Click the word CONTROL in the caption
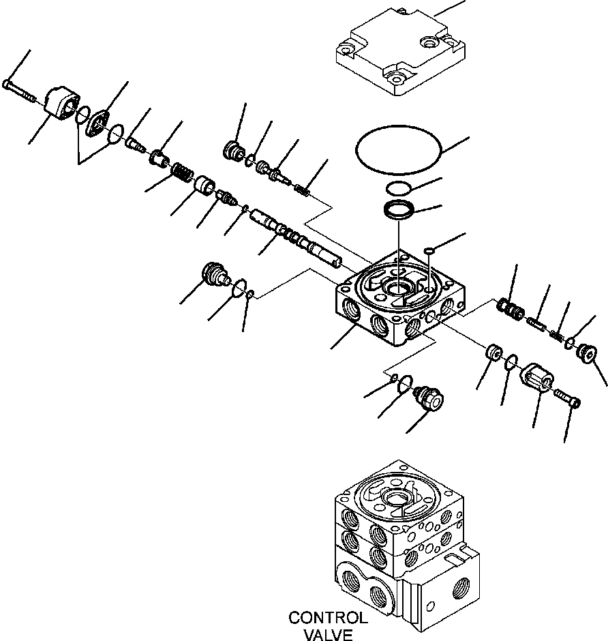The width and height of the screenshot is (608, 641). coord(328,618)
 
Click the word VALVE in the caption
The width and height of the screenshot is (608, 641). coord(329,635)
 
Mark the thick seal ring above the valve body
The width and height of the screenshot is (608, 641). coord(399,211)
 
